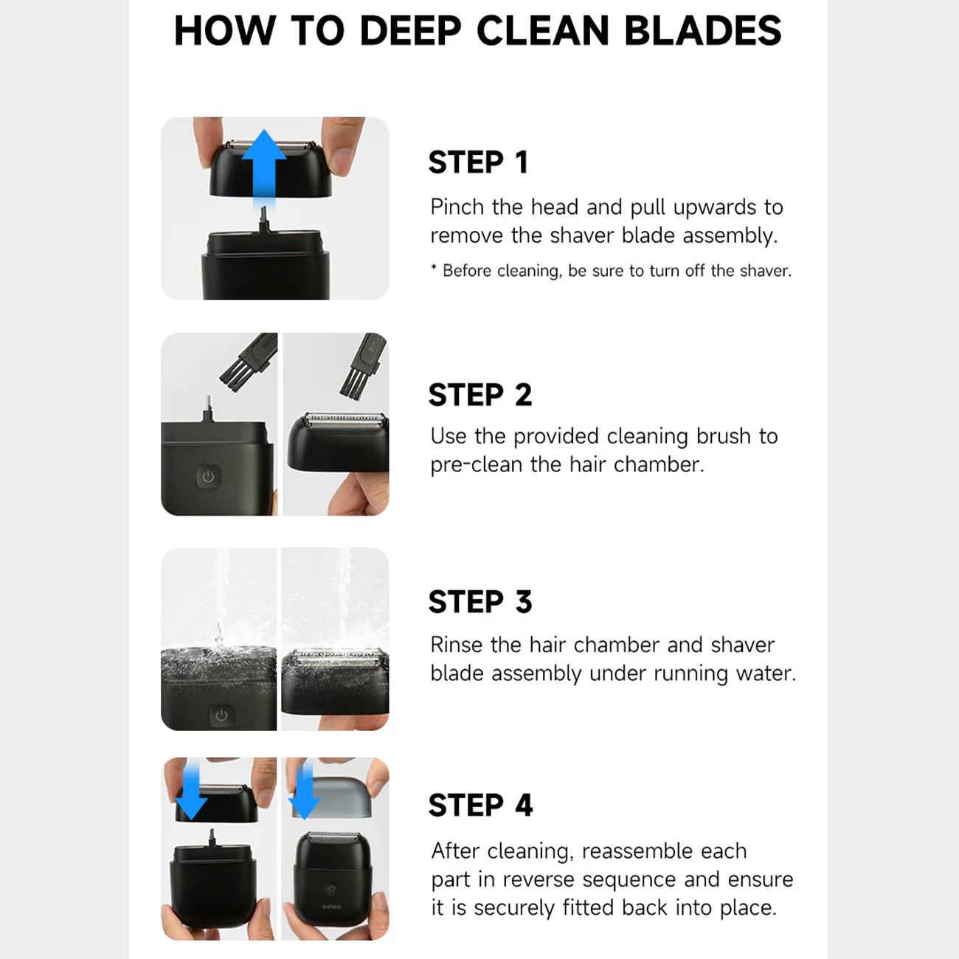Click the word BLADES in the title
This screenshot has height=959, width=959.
pos(702,31)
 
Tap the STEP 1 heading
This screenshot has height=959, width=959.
pos(478,162)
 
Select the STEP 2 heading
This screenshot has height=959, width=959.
pos(480,395)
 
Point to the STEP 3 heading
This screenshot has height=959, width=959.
pos(480,602)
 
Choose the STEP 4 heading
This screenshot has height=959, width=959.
pos(480,806)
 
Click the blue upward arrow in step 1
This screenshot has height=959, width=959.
pos(264,167)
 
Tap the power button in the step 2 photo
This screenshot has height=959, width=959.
pos(208,477)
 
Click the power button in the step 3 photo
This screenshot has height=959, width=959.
pos(221,715)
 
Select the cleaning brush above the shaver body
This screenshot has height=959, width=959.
pos(248,361)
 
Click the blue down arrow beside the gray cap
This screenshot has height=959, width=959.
pos(305,792)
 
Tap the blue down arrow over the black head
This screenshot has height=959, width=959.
pos(192,792)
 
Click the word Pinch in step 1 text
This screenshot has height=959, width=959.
pos(457,207)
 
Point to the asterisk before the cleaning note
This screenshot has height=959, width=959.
pos(434,269)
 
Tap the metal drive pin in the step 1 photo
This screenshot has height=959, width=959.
pos(264,220)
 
